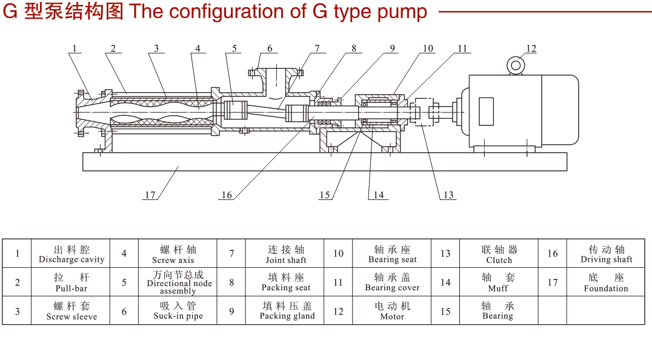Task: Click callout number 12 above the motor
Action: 531,48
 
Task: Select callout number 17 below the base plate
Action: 150,195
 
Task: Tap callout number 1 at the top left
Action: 75,48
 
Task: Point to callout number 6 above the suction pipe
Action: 270,48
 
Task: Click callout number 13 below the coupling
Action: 448,195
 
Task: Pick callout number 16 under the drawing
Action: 227,195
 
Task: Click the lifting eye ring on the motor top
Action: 516,65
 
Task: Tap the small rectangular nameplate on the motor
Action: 486,111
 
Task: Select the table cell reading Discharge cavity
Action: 72,254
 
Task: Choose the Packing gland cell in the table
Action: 287,310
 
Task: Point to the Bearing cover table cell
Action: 392,282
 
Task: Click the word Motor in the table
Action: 392,316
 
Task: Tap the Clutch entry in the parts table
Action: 499,260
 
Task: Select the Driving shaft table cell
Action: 606,254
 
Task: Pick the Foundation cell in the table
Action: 606,282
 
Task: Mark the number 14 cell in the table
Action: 445,282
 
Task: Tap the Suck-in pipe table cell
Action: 178,310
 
